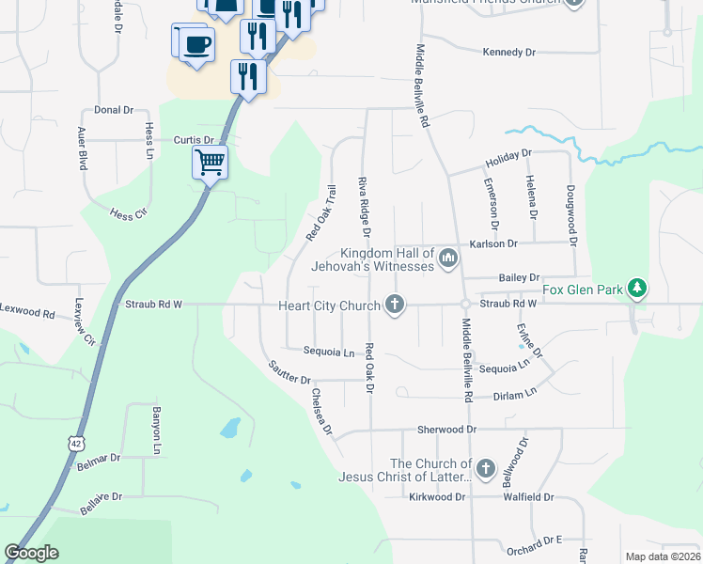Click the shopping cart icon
(211, 162)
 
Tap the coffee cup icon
(196, 44)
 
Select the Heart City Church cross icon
(395, 305)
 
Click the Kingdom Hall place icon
(447, 257)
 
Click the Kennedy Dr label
(508, 53)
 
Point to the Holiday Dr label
(508, 155)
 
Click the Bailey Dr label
(520, 277)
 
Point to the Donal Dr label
(113, 110)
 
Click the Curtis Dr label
(195, 140)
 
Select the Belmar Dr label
(102, 458)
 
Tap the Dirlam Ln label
(517, 392)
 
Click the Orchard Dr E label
(533, 542)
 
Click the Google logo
(32, 553)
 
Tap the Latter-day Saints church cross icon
(486, 467)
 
